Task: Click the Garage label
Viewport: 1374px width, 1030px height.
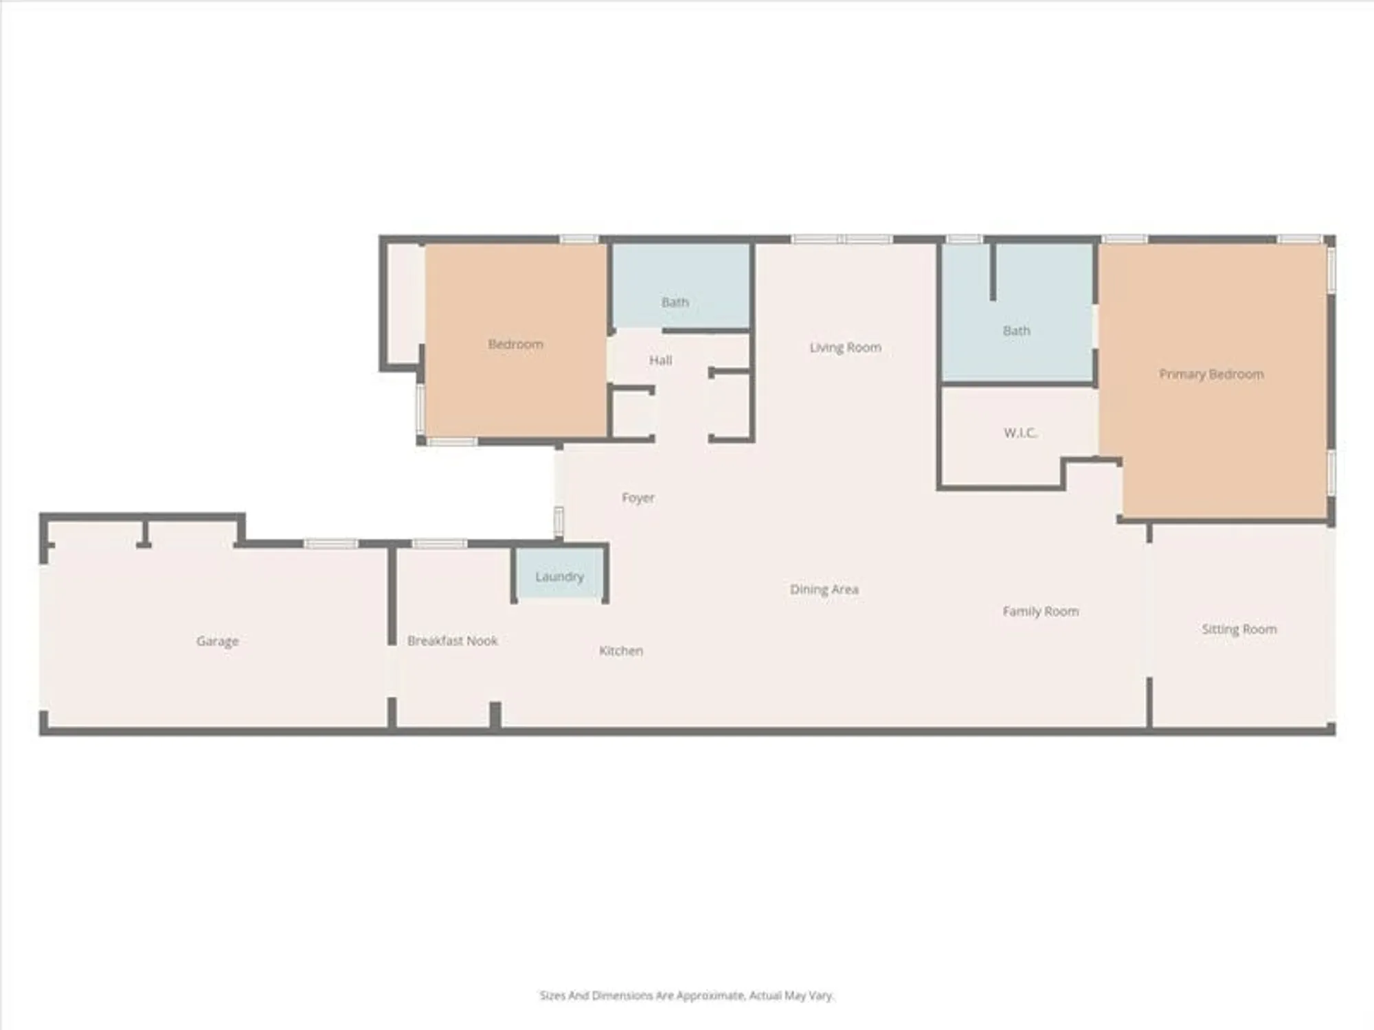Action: tap(217, 641)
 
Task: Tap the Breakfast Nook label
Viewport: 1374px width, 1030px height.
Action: tap(452, 641)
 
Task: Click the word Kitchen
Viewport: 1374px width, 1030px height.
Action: tap(620, 650)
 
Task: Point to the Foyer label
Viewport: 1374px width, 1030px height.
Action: tap(638, 497)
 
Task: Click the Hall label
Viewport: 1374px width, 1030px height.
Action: tap(660, 360)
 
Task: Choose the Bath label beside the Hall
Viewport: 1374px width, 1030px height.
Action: tap(675, 302)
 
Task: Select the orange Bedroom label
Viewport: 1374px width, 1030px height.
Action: tap(515, 344)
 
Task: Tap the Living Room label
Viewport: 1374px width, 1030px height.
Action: tap(845, 347)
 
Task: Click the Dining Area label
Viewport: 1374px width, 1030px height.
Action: tap(824, 589)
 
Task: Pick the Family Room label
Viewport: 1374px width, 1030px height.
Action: tap(1040, 611)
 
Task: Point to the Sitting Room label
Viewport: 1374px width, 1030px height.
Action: tap(1239, 629)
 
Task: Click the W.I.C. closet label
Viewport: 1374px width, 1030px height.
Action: tap(1020, 433)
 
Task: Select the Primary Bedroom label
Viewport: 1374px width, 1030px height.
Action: tap(1211, 374)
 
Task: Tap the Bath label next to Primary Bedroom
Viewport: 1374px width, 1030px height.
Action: tap(1016, 330)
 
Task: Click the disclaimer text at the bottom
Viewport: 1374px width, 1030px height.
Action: tap(686, 995)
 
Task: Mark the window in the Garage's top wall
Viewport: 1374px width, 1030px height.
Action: tap(330, 544)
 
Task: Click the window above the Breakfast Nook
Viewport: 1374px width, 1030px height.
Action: tap(439, 544)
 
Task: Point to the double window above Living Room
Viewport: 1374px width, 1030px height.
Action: tap(842, 239)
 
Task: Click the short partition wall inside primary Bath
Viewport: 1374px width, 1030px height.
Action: tap(992, 271)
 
